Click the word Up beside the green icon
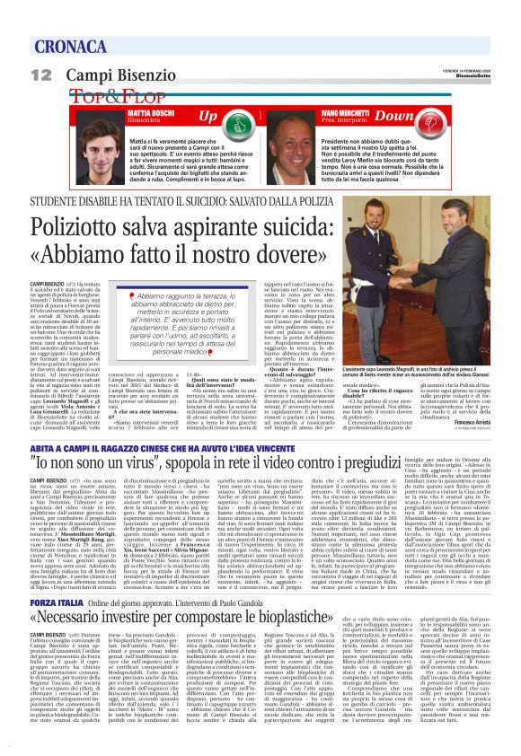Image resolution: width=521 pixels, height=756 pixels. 208,117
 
